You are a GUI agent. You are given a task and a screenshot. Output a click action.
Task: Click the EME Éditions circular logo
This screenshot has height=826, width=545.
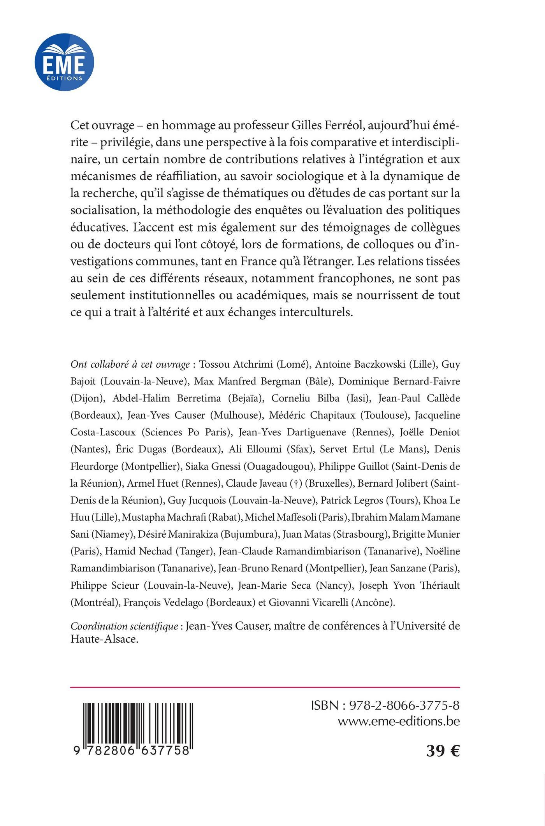(x=64, y=62)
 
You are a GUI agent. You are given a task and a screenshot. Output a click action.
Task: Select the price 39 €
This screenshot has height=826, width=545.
(x=443, y=751)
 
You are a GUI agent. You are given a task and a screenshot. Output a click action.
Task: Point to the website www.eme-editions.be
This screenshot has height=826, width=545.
(x=399, y=721)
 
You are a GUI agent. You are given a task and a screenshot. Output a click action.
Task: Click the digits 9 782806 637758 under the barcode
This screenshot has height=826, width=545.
(x=131, y=750)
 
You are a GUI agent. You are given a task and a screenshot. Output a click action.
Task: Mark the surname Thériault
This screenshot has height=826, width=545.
(x=438, y=585)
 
